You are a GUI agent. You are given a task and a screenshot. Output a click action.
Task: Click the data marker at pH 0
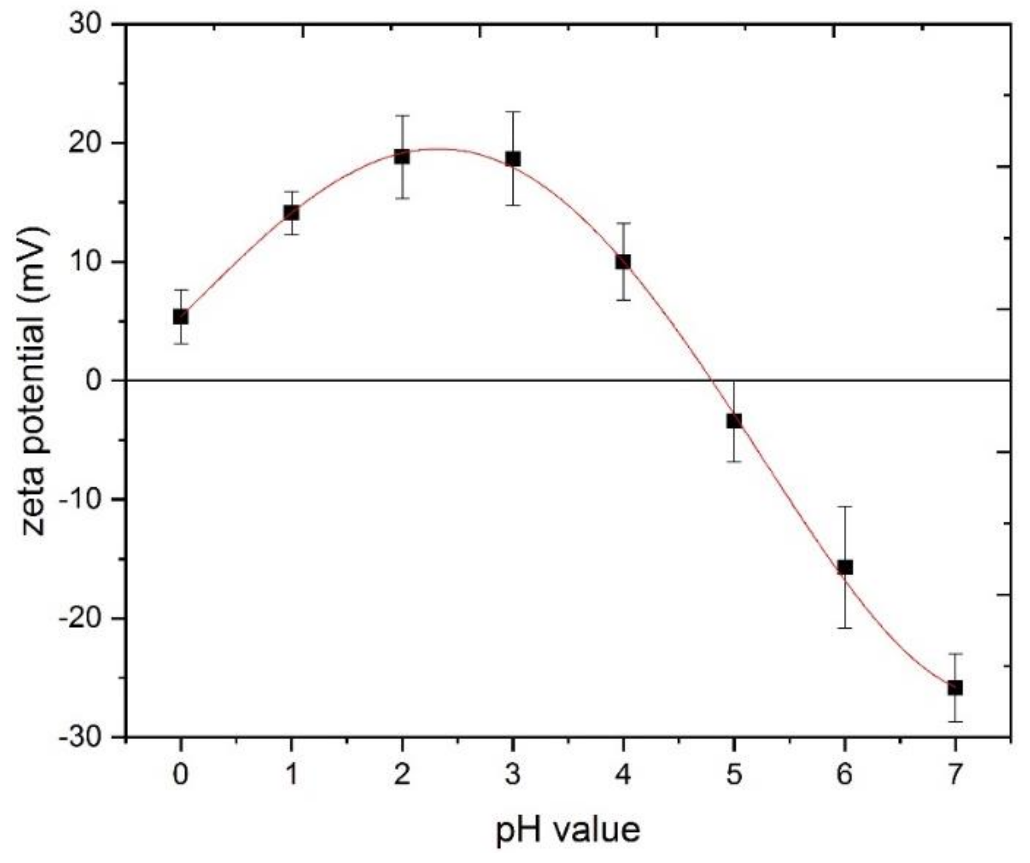point(181,317)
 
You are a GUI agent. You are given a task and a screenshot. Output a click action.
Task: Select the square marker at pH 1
point(291,213)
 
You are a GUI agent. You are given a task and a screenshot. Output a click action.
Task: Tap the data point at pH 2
point(402,157)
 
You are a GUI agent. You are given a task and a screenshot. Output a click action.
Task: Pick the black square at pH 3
point(513,159)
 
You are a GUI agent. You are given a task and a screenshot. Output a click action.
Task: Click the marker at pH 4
point(623,262)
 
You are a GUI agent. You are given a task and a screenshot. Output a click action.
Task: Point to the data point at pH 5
point(734,421)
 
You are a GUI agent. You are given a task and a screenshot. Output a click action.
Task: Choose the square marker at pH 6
point(845,567)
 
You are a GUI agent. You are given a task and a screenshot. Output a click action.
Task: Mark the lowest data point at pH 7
point(955,688)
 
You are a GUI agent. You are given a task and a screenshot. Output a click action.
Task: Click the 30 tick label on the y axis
point(86,25)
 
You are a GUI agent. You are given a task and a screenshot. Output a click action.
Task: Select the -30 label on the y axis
point(80,737)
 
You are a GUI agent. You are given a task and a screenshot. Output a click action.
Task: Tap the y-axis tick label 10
point(86,262)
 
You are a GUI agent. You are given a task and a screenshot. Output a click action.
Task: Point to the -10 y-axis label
point(80,500)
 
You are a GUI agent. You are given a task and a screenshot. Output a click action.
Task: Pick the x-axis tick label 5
point(734,774)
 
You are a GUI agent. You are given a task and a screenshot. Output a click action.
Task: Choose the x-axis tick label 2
point(402,774)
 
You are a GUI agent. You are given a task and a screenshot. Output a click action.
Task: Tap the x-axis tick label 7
point(955,774)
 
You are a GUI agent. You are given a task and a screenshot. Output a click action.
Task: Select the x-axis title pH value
point(568,830)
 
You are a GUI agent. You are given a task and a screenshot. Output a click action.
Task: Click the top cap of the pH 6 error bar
point(845,507)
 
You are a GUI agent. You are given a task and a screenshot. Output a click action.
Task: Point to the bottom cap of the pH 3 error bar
point(513,205)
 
